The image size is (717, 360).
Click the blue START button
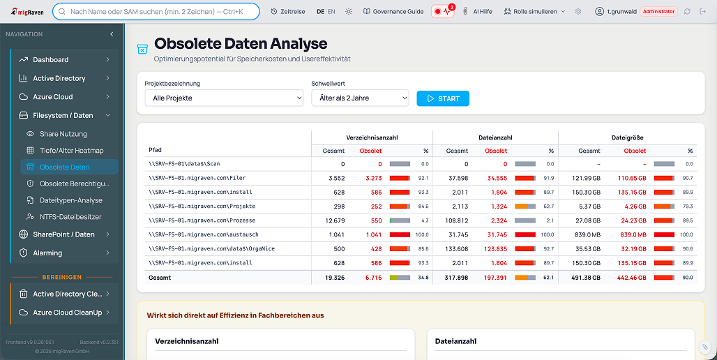(443, 98)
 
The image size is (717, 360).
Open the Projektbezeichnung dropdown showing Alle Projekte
(224, 98)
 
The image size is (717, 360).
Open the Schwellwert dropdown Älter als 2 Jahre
(360, 98)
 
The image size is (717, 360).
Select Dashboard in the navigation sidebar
(51, 60)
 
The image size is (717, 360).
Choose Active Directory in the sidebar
(59, 78)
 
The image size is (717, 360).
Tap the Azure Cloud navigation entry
(53, 97)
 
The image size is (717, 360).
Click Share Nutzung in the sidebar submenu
(63, 134)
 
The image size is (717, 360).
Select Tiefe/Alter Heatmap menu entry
(71, 151)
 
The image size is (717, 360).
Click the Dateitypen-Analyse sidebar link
(71, 200)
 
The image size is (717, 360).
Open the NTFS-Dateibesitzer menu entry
(70, 217)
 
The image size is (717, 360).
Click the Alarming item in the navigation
(47, 253)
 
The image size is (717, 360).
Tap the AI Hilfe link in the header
(482, 12)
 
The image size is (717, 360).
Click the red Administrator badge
(658, 12)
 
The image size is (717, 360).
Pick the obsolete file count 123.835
(495, 249)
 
